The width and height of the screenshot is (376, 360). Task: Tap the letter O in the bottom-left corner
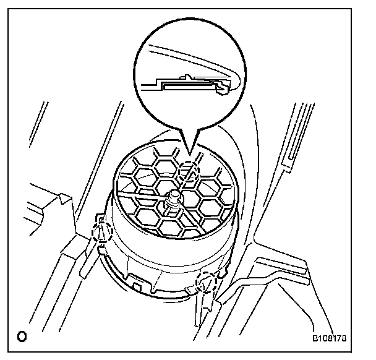pyautogui.click(x=22, y=338)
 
